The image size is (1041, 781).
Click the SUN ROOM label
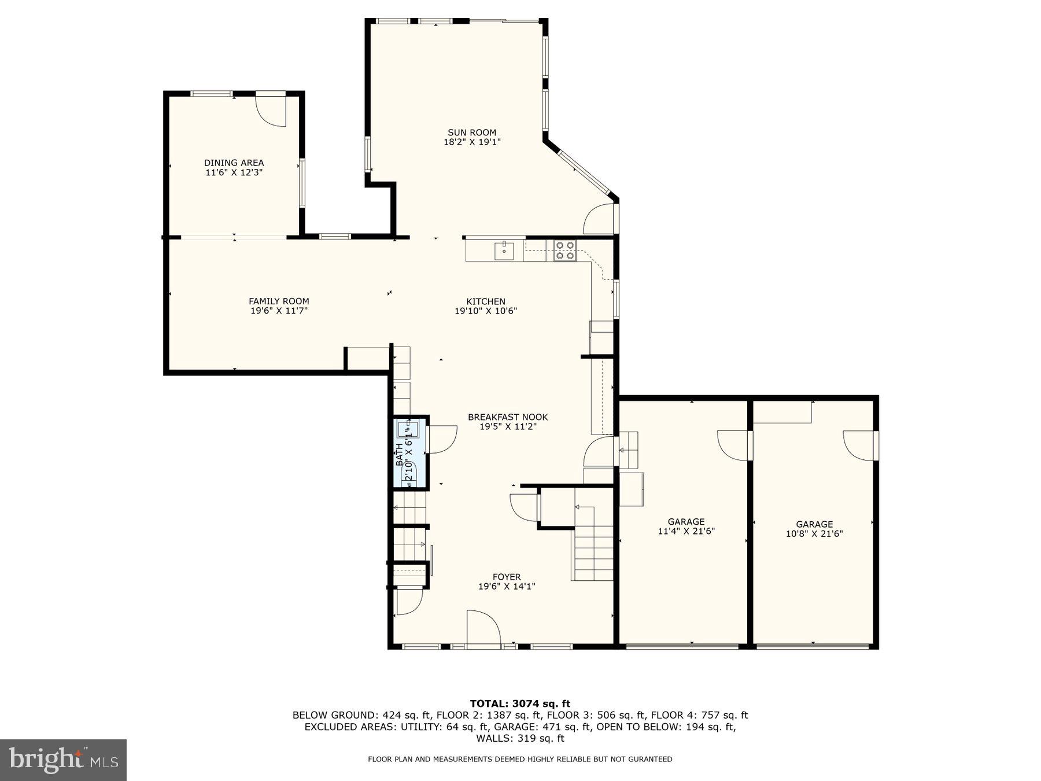click(x=472, y=132)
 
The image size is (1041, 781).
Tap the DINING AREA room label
click(x=234, y=163)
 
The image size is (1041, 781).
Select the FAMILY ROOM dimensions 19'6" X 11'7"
click(x=279, y=311)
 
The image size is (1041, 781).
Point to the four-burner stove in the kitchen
click(x=564, y=250)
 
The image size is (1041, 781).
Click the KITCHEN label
click(x=486, y=301)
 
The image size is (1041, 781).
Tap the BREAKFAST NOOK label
click(x=508, y=417)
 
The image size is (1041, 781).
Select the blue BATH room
click(x=410, y=453)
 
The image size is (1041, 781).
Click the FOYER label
click(x=507, y=577)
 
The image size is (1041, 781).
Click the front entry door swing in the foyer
click(x=483, y=628)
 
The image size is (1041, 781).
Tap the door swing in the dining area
click(x=271, y=110)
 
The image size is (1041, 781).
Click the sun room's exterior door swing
click(x=599, y=220)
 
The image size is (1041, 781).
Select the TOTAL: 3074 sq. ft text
click(x=520, y=703)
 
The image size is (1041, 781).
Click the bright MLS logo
click(x=63, y=760)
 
